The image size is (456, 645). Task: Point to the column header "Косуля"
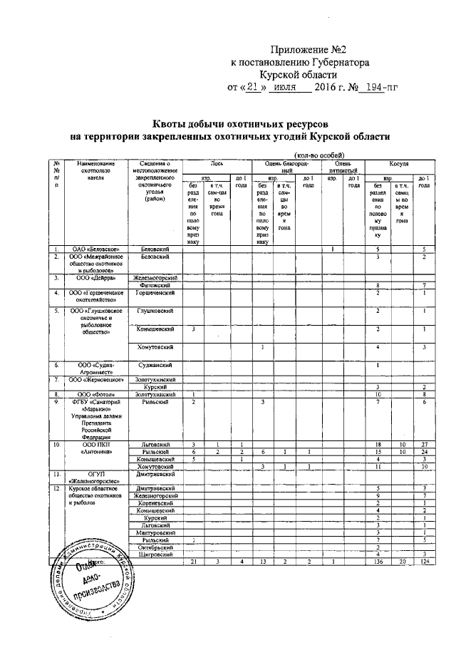pyautogui.click(x=398, y=164)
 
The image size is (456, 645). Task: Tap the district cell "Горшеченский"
pyautogui.click(x=155, y=293)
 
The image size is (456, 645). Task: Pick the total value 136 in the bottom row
pyautogui.click(x=378, y=562)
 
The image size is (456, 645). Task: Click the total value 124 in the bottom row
pyautogui.click(x=423, y=562)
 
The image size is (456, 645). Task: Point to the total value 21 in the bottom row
pyautogui.click(x=194, y=562)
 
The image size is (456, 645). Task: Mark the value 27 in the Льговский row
pyautogui.click(x=423, y=445)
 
